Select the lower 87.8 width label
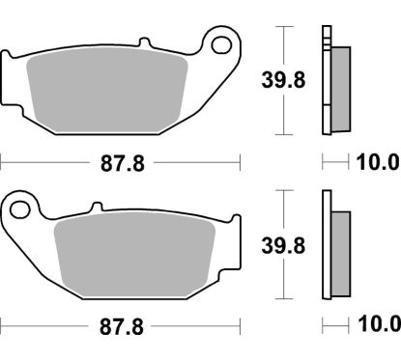(124, 324)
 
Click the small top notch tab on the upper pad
(146, 44)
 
